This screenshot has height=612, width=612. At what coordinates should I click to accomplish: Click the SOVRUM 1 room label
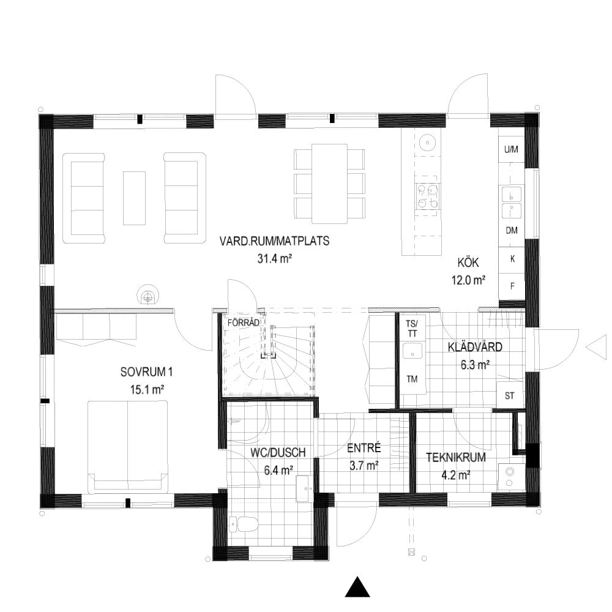pyautogui.click(x=146, y=372)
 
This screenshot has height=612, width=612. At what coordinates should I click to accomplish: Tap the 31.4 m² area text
pyautogui.click(x=275, y=258)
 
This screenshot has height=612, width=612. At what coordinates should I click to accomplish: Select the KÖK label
pyautogui.click(x=468, y=263)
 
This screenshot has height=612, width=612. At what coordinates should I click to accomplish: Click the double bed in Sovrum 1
pyautogui.click(x=128, y=446)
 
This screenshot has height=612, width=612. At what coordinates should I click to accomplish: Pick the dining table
pyautogui.click(x=330, y=184)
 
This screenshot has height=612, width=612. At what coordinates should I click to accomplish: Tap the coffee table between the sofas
pyautogui.click(x=134, y=198)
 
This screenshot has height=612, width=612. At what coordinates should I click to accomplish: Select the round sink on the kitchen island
pyautogui.click(x=427, y=143)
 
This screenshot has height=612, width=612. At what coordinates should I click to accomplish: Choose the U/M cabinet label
pyautogui.click(x=511, y=149)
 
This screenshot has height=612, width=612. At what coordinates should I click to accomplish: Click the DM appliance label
pyautogui.click(x=512, y=230)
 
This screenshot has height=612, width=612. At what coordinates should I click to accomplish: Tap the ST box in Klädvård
pyautogui.click(x=509, y=395)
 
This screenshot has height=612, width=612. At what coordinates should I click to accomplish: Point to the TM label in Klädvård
pyautogui.click(x=412, y=379)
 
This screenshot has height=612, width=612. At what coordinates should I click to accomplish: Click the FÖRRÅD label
pyautogui.click(x=243, y=323)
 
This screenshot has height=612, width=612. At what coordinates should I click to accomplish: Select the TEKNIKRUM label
pyautogui.click(x=455, y=457)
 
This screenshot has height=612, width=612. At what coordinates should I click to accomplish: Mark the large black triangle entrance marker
pyautogui.click(x=357, y=588)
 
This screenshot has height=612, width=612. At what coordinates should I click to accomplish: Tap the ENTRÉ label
pyautogui.click(x=364, y=448)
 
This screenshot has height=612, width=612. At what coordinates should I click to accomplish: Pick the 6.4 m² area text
pyautogui.click(x=278, y=470)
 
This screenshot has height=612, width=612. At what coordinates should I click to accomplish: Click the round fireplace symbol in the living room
pyautogui.click(x=147, y=295)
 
